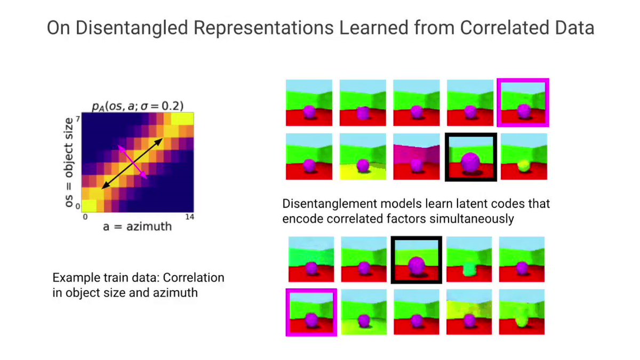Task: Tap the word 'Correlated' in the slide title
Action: (505, 28)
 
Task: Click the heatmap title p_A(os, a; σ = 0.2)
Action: (138, 106)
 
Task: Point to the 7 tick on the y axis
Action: (78, 118)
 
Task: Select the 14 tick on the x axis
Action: (189, 217)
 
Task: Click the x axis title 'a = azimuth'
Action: (138, 227)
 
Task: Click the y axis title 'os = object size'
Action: (69, 162)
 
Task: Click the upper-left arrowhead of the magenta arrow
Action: (120, 147)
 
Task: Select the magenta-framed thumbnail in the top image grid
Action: (523, 102)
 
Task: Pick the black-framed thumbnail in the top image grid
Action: (471, 157)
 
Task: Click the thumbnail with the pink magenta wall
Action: (417, 157)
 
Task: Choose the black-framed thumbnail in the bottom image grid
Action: (417, 260)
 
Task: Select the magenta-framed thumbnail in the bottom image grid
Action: (311, 313)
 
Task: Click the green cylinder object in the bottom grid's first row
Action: (469, 269)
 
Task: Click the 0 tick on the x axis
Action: (85, 217)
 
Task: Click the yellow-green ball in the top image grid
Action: (524, 166)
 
